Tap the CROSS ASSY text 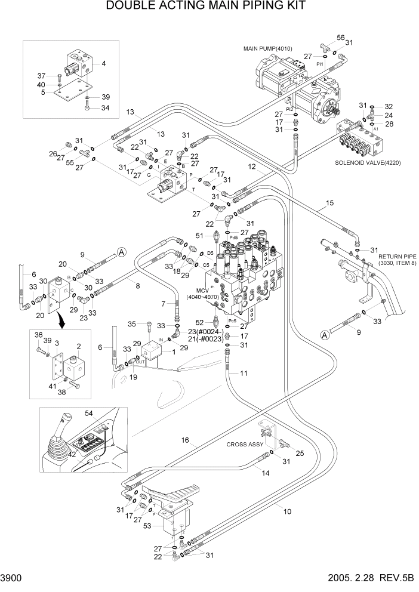click(x=244, y=444)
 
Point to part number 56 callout click(x=340, y=37)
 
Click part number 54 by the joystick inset click(x=106, y=414)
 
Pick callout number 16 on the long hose click(x=186, y=440)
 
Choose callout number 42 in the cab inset click(x=72, y=454)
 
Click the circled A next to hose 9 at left click(x=121, y=252)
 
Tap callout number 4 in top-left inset click(x=103, y=63)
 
